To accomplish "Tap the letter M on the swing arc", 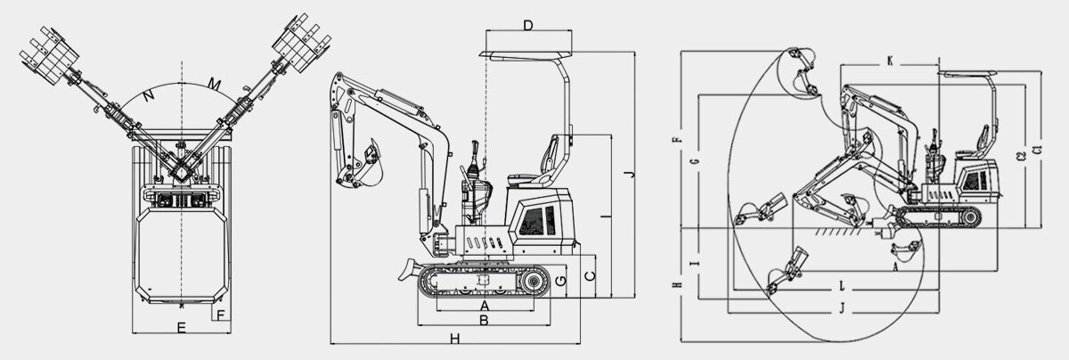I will pos(215,84).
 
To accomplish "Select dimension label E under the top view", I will pos(181,329).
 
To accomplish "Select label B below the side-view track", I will pos(484,318).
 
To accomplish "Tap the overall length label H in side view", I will pos(454,338).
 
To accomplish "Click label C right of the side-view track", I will pos(589,276).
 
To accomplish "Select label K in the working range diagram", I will pos(889,61).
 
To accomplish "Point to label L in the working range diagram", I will pos(842,286).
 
